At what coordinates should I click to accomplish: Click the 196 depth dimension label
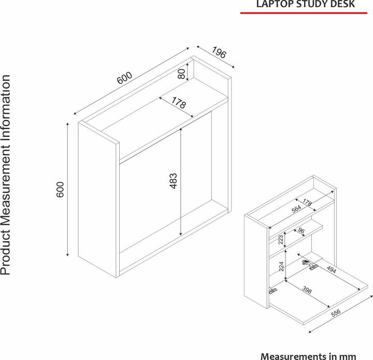(219, 53)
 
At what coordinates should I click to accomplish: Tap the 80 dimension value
(181, 74)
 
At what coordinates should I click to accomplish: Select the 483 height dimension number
(174, 181)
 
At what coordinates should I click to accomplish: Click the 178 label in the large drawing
(179, 103)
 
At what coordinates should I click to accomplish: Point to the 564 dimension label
(296, 209)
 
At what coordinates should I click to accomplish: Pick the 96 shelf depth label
(301, 231)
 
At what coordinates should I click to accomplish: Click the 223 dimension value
(281, 240)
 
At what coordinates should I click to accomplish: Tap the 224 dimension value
(281, 266)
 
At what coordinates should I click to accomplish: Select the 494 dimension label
(332, 269)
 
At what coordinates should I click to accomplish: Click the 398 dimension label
(307, 290)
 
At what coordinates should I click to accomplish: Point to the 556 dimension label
(336, 313)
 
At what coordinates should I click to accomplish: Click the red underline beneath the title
(304, 13)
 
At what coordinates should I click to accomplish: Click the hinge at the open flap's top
(310, 265)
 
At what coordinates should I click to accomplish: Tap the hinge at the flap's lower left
(273, 290)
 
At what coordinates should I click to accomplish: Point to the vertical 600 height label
(60, 189)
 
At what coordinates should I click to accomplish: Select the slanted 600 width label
(124, 78)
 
